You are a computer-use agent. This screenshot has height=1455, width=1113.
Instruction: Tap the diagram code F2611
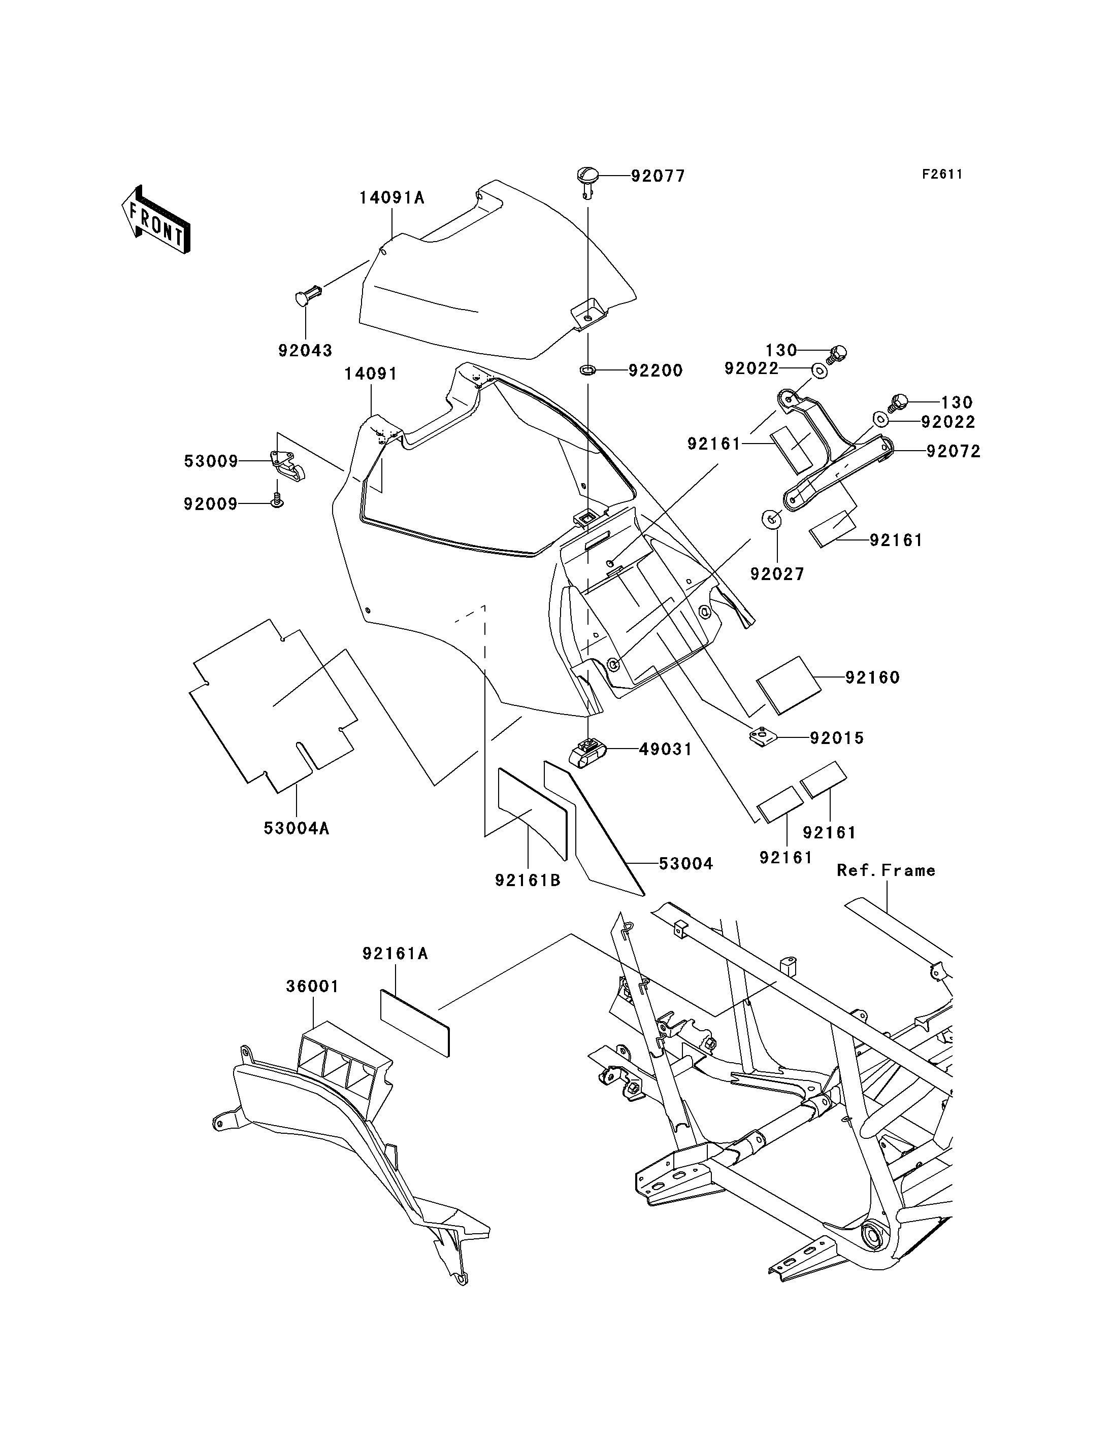tap(941, 174)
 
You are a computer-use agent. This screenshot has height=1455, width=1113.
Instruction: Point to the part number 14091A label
tap(391, 197)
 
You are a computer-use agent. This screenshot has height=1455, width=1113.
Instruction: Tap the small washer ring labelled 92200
tap(587, 369)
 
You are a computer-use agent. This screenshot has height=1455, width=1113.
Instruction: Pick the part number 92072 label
tap(954, 452)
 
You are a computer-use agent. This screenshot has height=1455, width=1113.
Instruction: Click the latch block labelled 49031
tap(587, 752)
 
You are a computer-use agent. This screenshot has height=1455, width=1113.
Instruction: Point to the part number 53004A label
tap(296, 828)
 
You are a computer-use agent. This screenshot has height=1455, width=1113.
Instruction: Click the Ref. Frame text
tap(886, 870)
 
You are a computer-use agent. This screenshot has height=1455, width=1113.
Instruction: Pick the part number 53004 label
tap(685, 864)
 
